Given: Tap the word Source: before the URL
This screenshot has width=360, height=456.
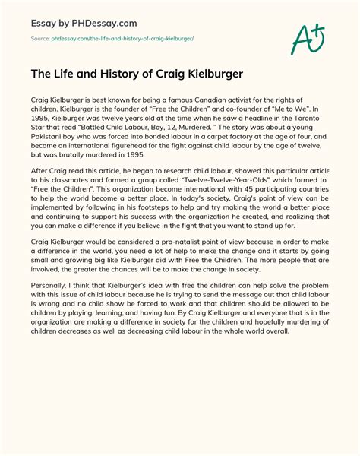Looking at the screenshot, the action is (40, 39).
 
